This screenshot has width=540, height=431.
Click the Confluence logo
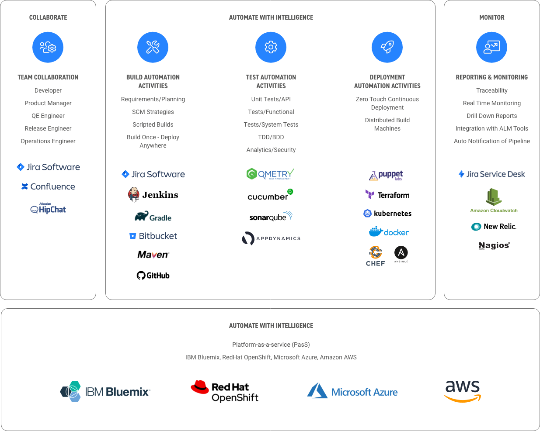(x=48, y=186)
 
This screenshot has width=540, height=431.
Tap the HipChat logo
(x=48, y=209)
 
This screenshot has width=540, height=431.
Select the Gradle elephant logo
(x=153, y=217)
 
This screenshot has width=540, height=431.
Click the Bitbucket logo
(x=153, y=236)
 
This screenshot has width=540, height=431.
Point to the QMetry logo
(x=270, y=174)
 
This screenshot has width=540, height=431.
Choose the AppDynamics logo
(x=271, y=238)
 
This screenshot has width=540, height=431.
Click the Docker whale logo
(x=389, y=232)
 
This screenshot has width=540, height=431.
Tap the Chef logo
(x=375, y=256)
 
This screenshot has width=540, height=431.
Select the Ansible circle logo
(x=401, y=253)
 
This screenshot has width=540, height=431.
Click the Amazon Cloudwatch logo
(x=494, y=200)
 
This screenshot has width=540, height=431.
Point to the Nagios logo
(x=494, y=245)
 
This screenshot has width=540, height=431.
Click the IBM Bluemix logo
(x=105, y=392)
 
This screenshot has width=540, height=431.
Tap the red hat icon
(x=200, y=387)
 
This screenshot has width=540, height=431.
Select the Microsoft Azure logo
(x=352, y=391)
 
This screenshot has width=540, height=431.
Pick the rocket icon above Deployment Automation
(x=387, y=47)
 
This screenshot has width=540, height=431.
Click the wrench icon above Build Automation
(x=153, y=47)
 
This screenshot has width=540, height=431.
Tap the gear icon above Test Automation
(x=271, y=47)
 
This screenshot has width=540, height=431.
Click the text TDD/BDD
(x=271, y=137)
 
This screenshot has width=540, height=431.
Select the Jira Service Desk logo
(x=491, y=174)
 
